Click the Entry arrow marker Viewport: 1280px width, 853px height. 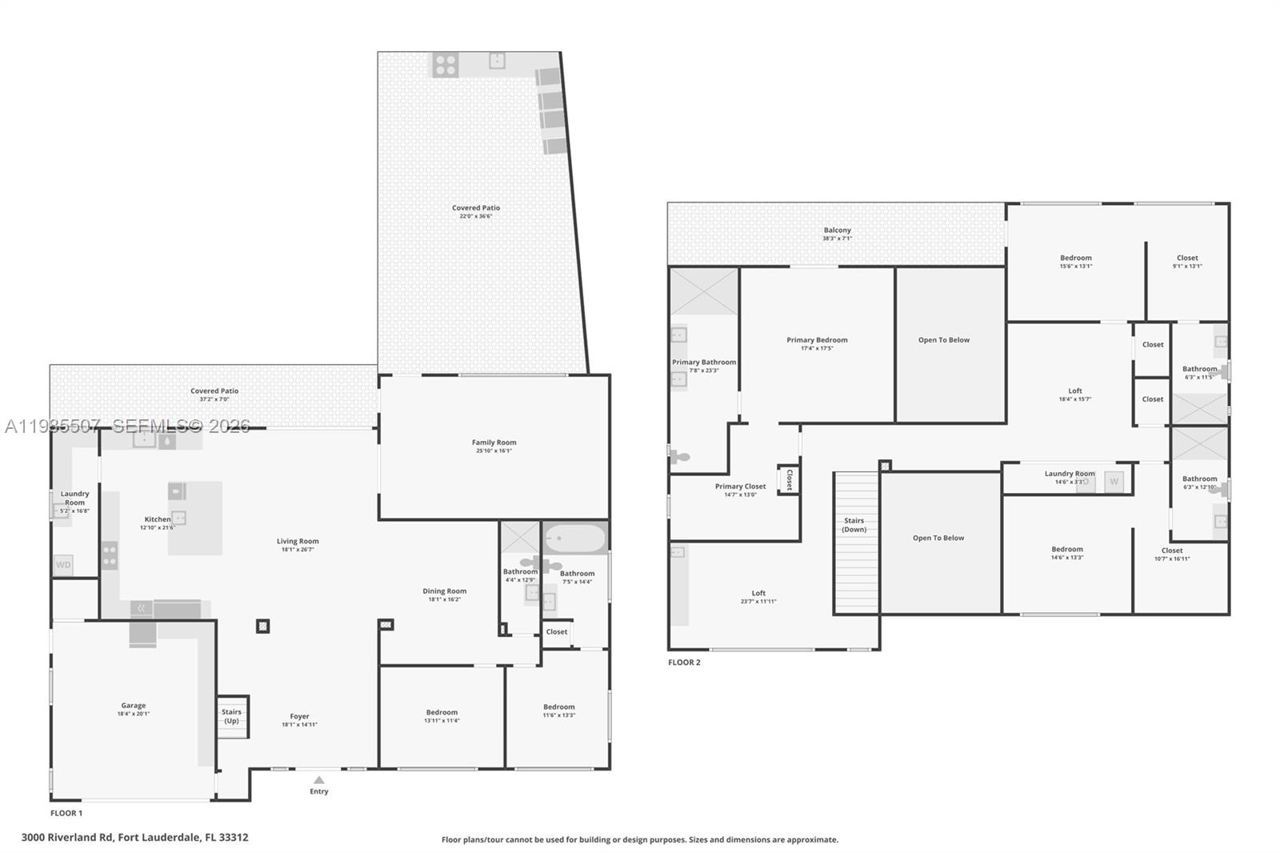point(319,779)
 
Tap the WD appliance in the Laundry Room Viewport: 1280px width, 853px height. point(63,565)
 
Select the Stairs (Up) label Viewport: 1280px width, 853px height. point(231,716)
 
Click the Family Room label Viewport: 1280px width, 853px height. point(494,443)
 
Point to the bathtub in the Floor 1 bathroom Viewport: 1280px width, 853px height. point(575,539)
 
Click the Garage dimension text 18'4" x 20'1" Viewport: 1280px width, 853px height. point(134,714)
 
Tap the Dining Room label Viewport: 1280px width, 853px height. point(445,591)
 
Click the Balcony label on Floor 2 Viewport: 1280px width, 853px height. point(838,230)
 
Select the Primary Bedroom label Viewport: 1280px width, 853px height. point(817,340)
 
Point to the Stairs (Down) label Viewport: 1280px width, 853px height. point(854,525)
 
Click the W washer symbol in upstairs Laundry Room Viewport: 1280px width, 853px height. point(1114,482)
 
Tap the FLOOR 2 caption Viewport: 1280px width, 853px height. point(684,663)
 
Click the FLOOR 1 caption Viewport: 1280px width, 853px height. point(66,813)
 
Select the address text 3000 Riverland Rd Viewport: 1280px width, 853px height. point(68,838)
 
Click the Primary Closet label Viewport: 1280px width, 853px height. point(740,487)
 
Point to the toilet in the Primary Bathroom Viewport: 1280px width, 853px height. point(679,457)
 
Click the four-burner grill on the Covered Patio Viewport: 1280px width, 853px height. point(446,65)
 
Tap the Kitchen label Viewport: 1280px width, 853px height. point(158,519)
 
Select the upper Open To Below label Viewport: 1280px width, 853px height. point(944,340)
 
